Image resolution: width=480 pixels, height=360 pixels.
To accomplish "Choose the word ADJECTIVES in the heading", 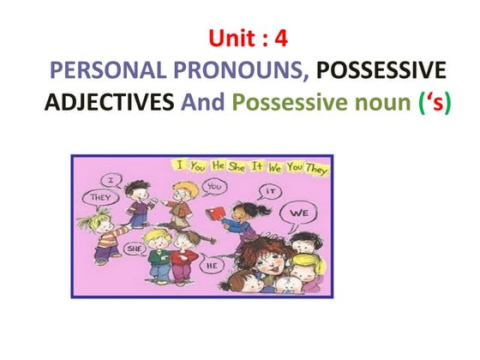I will click(104, 105).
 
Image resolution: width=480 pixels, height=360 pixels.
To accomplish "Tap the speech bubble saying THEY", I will click(93, 198).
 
